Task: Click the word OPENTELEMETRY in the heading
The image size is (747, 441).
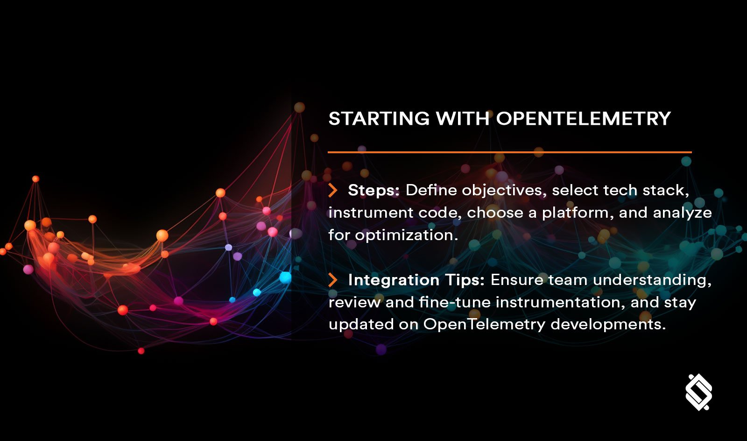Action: [583, 119]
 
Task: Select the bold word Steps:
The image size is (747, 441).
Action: [373, 190]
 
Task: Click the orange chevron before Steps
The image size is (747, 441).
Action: [332, 190]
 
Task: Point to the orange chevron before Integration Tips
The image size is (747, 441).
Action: [332, 280]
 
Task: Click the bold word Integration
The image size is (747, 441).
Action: [394, 280]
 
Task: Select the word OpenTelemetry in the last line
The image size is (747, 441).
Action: [484, 324]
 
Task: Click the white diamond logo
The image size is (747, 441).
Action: [698, 391]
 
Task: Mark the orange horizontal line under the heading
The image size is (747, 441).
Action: [509, 152]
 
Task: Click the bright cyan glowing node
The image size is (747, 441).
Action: [285, 278]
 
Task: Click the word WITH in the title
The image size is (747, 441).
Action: [462, 119]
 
